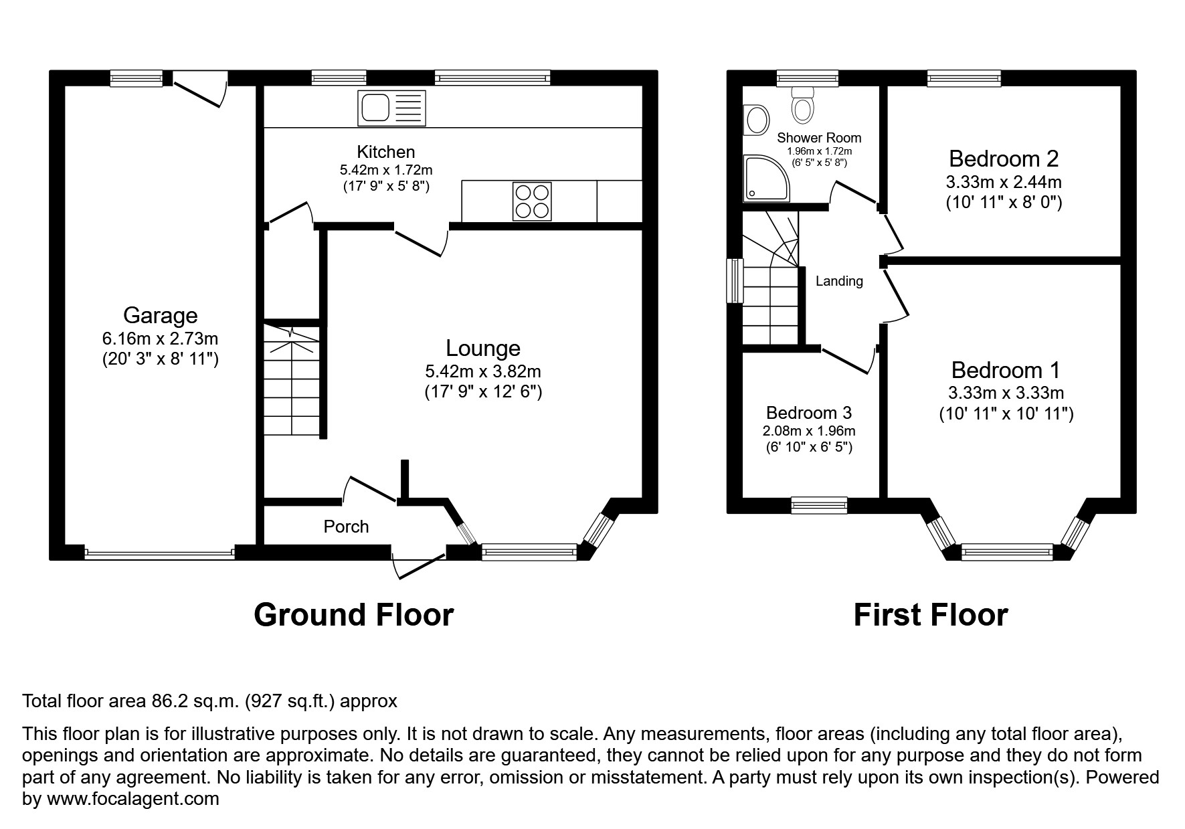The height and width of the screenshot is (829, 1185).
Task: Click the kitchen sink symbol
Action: point(392,108)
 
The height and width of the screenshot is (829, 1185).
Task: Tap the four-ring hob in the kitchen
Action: point(533,201)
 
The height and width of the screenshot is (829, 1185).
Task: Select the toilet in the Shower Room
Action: point(802,105)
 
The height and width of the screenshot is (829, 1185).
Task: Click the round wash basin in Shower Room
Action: point(757,120)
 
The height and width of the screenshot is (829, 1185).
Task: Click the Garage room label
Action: point(160,315)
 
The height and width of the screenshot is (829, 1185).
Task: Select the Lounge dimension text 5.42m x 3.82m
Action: point(482,370)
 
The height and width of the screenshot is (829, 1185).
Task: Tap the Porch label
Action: point(346,527)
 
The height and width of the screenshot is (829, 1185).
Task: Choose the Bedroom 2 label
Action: point(1003,159)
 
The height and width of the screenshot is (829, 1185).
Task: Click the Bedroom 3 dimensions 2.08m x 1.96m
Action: point(809,431)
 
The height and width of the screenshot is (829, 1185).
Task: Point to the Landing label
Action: point(839,281)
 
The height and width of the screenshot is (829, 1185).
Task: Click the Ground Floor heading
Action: point(353,614)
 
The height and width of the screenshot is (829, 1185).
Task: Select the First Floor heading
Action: point(930,614)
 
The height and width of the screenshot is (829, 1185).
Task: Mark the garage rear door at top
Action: point(199,92)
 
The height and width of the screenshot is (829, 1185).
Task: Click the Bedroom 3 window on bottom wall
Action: point(819,505)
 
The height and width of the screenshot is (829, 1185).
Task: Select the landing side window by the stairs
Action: point(735,280)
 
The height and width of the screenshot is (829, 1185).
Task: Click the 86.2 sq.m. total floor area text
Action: point(193,701)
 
